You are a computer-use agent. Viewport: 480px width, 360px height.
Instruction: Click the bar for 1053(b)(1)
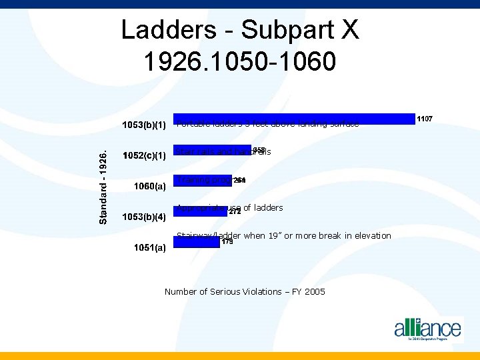tap(293, 119)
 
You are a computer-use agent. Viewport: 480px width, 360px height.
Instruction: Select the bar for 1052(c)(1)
tap(212, 150)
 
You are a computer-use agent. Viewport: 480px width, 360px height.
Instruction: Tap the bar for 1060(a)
tap(203, 180)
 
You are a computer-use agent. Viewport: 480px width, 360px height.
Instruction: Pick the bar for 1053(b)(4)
tap(200, 211)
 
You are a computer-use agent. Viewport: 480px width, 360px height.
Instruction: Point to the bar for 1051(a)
tap(196, 241)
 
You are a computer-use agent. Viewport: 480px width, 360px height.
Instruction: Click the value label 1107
tap(425, 119)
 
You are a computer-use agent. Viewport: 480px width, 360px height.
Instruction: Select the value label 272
tap(235, 213)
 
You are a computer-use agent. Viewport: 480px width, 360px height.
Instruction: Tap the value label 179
tap(227, 242)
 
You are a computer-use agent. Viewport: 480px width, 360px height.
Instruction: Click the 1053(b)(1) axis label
tap(144, 125)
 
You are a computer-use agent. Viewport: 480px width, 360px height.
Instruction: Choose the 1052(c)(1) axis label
tap(144, 156)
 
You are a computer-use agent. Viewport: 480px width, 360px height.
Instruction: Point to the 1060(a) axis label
tap(150, 187)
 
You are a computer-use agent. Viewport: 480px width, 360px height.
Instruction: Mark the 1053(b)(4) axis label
tap(144, 217)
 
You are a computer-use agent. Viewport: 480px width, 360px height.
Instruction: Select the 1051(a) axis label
tap(149, 248)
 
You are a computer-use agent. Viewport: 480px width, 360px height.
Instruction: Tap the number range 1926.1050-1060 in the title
tap(240, 61)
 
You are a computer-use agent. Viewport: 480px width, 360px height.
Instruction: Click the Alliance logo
tap(427, 329)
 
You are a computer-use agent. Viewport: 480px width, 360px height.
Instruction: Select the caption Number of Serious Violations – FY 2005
tap(245, 291)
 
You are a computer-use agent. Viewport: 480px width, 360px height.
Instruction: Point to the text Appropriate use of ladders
tap(230, 207)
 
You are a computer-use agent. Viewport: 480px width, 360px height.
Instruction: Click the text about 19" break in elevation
tap(284, 235)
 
